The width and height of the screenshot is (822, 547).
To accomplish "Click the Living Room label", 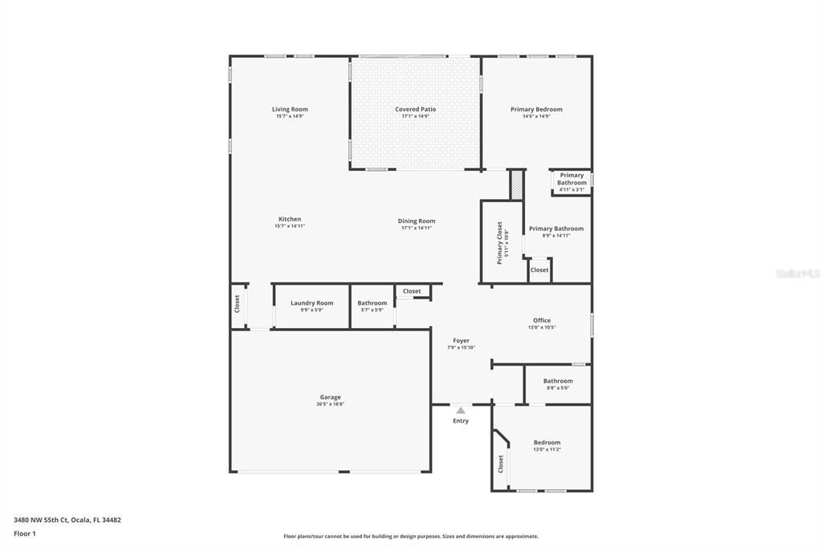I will pos(290,109).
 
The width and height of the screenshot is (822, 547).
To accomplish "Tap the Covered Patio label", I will pos(416,109).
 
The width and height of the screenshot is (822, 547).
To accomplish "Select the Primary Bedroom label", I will pos(536,109).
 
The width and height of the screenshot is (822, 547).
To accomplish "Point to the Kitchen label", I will pos(290,219).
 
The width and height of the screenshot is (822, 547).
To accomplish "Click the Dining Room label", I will pos(417,221).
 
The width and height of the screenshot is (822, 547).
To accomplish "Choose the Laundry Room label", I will pos(311,303).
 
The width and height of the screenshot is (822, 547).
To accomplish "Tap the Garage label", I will pos(330,397).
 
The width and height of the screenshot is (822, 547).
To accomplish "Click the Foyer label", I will pos(461,341).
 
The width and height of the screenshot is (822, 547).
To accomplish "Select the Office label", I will pos(542,321).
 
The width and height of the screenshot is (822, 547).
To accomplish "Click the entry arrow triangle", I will pos(461,410).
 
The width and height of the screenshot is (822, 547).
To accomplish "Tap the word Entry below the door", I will pos(461,421).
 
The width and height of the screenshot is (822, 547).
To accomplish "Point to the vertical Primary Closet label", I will pos(499,242).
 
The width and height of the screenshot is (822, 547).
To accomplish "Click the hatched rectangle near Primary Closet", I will pos(516,185).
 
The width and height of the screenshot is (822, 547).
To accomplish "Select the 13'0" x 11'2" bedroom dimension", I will pos(547,449).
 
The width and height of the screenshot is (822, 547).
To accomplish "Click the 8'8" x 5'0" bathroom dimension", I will pos(557,388).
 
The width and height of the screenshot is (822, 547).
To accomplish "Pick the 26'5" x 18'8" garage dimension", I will pos(330,404).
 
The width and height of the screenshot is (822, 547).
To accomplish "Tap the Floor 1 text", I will pos(25,533).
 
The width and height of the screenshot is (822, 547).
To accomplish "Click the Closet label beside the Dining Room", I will pos(412,291).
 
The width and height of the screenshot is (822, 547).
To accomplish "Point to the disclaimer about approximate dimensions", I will pos(411,537).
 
